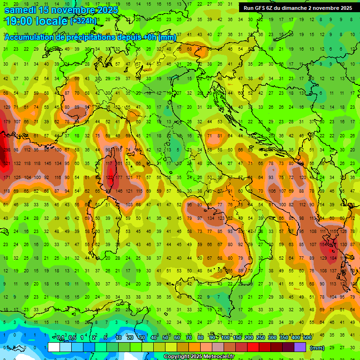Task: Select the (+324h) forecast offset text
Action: coord(83,21)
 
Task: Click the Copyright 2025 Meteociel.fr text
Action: coord(199,357)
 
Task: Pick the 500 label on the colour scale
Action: coord(307,338)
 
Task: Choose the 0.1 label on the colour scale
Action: coord(60,338)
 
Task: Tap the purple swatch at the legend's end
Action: coord(300,347)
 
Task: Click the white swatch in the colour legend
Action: coord(54,347)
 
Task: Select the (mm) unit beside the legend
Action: coord(317,347)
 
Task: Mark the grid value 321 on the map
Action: coord(6,163)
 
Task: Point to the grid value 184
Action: coord(334,258)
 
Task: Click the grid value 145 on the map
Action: coord(47,163)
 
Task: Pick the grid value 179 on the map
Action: coord(6,122)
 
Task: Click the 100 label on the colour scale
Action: coord(226,338)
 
